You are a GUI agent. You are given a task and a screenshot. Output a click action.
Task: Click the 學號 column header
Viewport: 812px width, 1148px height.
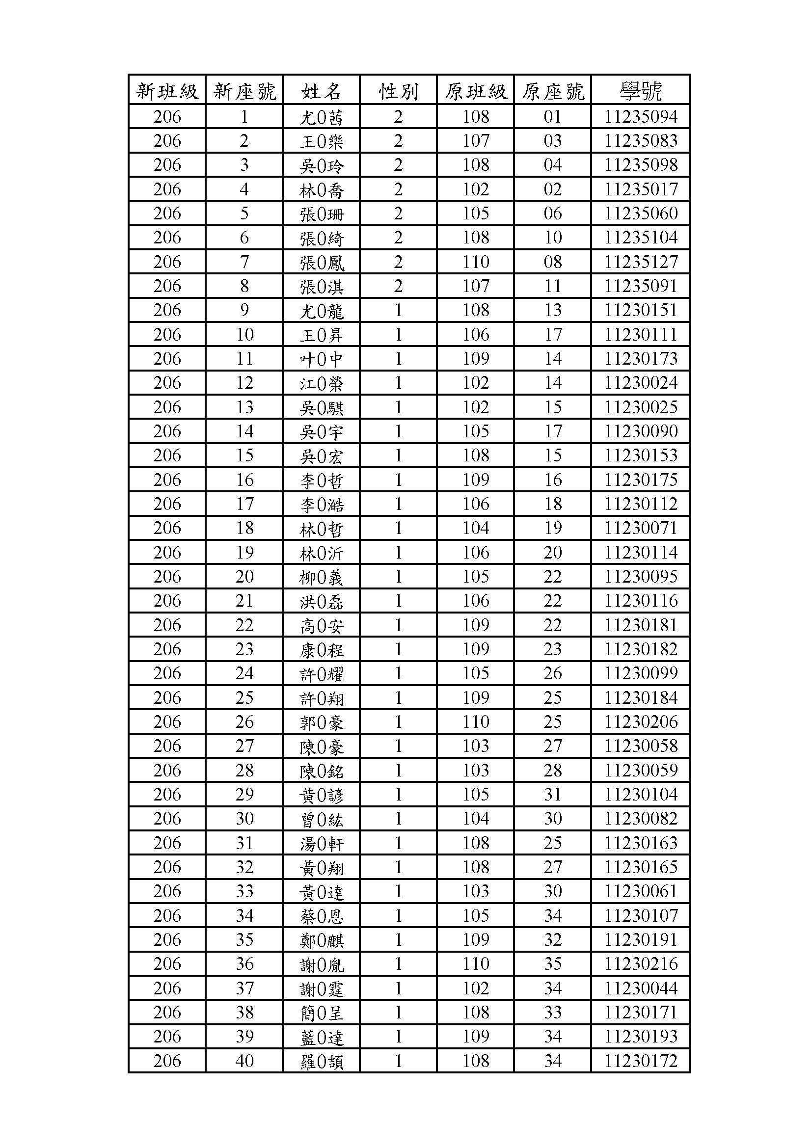(x=641, y=91)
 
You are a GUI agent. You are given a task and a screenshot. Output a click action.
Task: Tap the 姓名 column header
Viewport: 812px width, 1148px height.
(x=321, y=91)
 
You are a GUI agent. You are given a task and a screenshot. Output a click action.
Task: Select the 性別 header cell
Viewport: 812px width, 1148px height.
(x=398, y=91)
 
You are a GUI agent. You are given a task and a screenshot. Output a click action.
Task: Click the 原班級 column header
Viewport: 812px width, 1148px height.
(x=475, y=91)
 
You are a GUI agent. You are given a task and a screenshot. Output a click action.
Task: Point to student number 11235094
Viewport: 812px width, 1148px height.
(x=641, y=116)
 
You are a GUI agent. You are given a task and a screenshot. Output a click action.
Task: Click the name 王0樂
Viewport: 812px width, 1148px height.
(x=321, y=141)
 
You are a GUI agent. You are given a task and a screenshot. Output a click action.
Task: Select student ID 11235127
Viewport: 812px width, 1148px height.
(x=641, y=262)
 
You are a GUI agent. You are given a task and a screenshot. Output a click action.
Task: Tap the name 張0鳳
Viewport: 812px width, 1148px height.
(x=321, y=262)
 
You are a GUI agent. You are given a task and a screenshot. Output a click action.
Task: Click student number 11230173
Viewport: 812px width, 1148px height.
(x=641, y=358)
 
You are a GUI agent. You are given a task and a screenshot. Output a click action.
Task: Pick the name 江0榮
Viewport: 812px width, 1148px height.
(x=321, y=383)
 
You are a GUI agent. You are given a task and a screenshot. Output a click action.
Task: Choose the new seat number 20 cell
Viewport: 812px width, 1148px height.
(x=244, y=577)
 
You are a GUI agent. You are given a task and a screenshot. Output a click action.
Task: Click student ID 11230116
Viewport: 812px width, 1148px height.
(x=641, y=600)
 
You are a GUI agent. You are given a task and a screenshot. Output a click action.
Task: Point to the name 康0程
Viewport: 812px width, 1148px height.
(x=321, y=649)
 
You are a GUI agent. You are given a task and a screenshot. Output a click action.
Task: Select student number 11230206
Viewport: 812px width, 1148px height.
(x=641, y=721)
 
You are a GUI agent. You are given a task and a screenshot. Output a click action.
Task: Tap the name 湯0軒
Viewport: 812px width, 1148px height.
(x=321, y=843)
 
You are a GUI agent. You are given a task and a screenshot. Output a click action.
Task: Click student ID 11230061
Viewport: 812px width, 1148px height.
(x=641, y=891)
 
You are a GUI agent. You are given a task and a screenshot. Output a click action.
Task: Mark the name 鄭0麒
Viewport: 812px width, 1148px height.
(x=321, y=940)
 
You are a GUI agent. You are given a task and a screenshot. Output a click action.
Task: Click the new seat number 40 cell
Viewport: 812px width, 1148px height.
(x=244, y=1061)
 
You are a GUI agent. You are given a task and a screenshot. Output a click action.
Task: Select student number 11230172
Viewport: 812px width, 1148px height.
(x=641, y=1061)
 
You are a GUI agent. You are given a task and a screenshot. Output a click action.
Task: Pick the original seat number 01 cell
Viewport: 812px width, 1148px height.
(x=552, y=116)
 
